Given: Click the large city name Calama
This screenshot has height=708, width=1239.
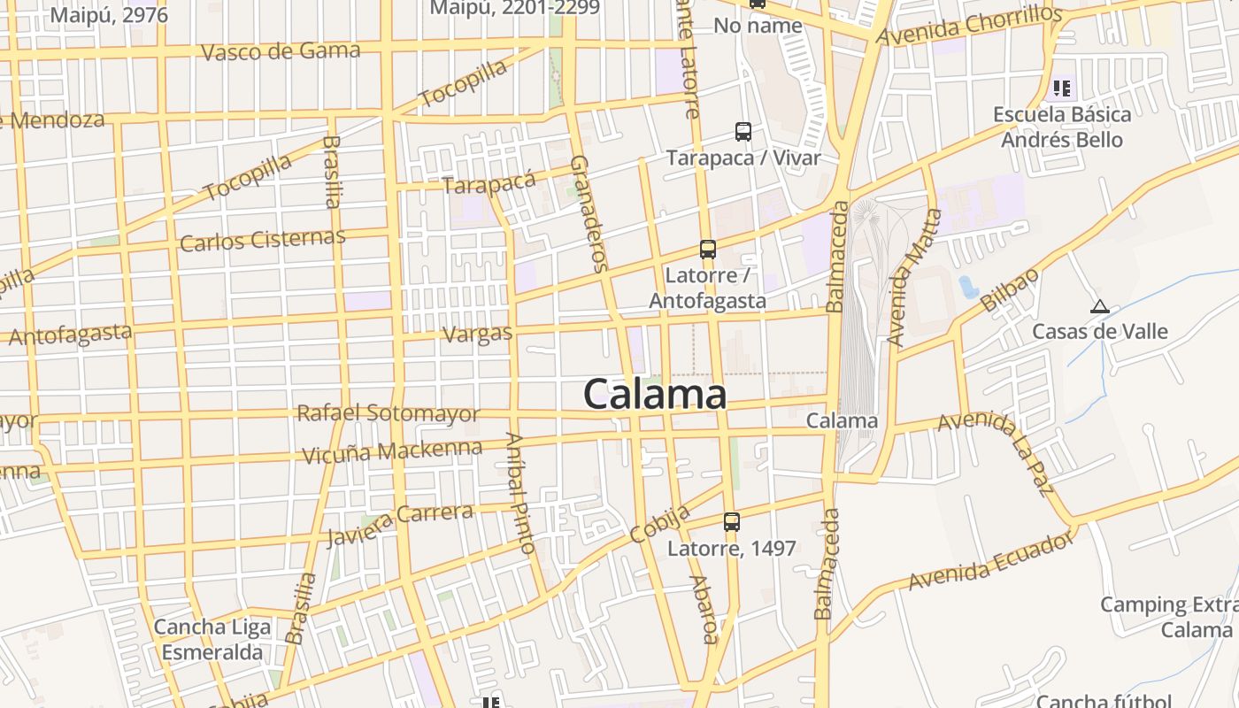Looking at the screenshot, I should pyautogui.click(x=655, y=394).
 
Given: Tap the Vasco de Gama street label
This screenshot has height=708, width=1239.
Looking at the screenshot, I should pyautogui.click(x=281, y=51).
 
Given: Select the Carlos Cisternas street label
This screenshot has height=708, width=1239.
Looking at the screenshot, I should pyautogui.click(x=262, y=240).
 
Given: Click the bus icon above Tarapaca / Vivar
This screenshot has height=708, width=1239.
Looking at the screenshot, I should pyautogui.click(x=743, y=132).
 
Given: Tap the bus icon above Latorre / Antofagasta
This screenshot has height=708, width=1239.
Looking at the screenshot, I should pyautogui.click(x=708, y=250).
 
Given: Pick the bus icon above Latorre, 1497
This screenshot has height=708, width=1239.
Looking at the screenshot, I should pyautogui.click(x=732, y=522).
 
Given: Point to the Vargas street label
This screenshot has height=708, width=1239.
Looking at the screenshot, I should pyautogui.click(x=477, y=334).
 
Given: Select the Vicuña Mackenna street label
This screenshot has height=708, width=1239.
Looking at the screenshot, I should pyautogui.click(x=392, y=452).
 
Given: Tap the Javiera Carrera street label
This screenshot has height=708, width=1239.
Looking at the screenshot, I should pyautogui.click(x=399, y=526).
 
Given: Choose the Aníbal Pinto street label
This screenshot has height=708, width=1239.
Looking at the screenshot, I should pyautogui.click(x=520, y=494).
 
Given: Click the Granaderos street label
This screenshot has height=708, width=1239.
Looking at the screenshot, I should pyautogui.click(x=589, y=213).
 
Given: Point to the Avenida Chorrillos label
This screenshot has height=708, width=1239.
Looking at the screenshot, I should pyautogui.click(x=968, y=25).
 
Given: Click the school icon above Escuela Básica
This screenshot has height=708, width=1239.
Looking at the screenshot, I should pyautogui.click(x=1062, y=88).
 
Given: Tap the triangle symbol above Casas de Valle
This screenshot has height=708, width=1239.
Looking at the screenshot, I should pyautogui.click(x=1100, y=307).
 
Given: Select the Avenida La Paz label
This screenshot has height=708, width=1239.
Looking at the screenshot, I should pyautogui.click(x=995, y=451).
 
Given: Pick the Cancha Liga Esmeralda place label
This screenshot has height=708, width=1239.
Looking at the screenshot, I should pyautogui.click(x=212, y=640).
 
